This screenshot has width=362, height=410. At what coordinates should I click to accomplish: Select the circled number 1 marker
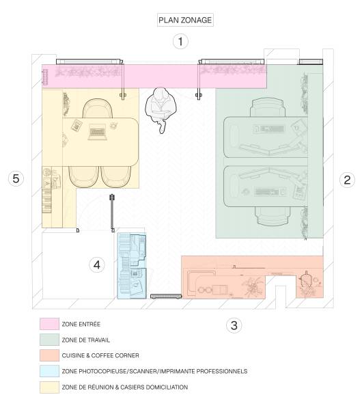pos(180,42)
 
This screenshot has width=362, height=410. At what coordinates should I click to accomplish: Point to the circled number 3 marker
pos(234,325)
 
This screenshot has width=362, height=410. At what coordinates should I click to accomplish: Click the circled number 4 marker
pos(98,264)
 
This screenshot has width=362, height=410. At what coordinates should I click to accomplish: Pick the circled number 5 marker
pos(17,179)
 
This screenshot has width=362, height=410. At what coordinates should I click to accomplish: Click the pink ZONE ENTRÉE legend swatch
pos(48,323)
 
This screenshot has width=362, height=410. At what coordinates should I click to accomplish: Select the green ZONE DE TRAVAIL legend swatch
pos(48,340)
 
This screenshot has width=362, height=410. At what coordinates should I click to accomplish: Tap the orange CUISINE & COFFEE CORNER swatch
pos(48,355)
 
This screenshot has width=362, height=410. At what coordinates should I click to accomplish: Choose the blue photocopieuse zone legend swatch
pos(48,371)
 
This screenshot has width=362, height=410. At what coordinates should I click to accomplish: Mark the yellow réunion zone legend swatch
pos(48,387)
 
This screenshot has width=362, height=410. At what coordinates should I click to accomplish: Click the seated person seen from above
pos(162,107)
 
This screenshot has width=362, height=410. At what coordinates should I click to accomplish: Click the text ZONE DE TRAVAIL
pos(85,340)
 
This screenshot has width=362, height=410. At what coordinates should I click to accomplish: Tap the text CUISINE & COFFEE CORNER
pos(100,355)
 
